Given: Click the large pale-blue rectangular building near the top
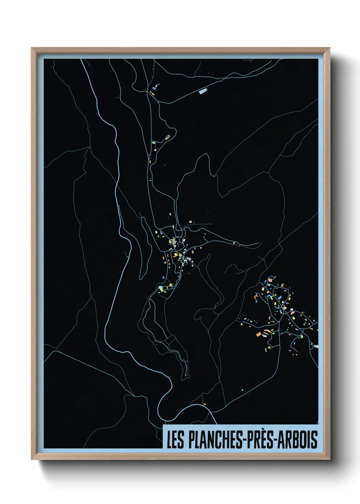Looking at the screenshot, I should [x=203, y=91].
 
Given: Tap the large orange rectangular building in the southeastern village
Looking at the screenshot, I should [x=259, y=334].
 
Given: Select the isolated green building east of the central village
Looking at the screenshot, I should [x=234, y=242].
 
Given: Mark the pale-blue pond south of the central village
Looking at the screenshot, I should [x=161, y=289].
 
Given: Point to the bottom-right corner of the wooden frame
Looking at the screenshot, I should [x=329, y=459].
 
